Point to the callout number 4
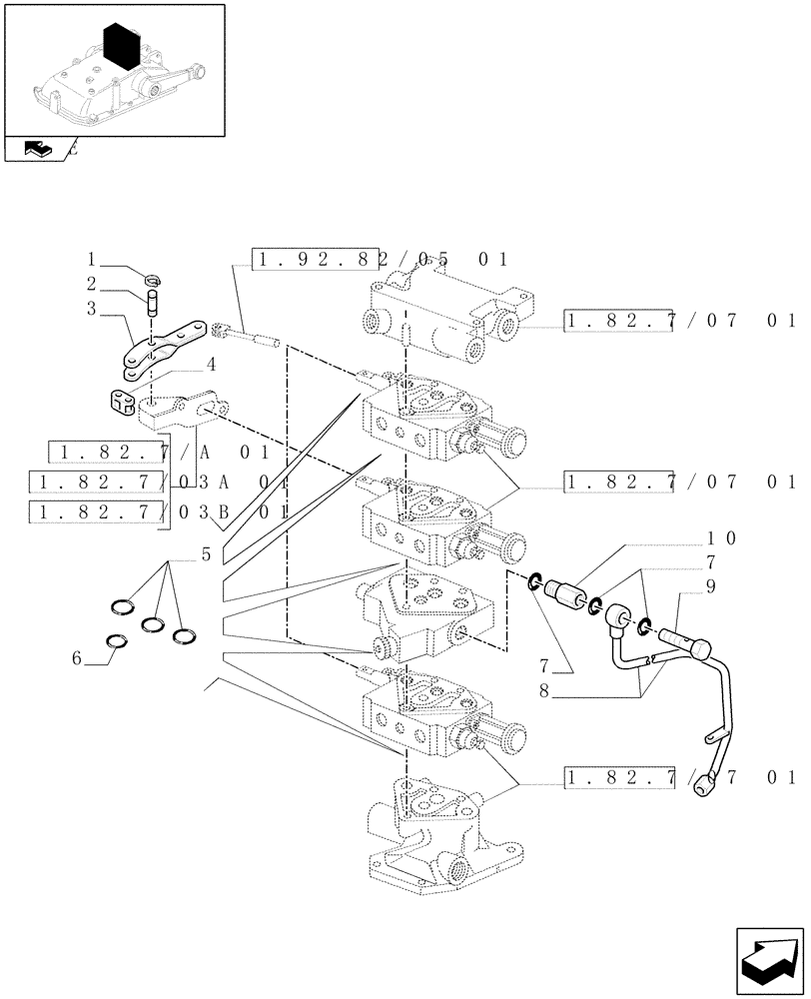pos(211,364)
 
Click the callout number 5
pos(206,554)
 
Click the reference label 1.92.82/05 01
pos(382,261)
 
